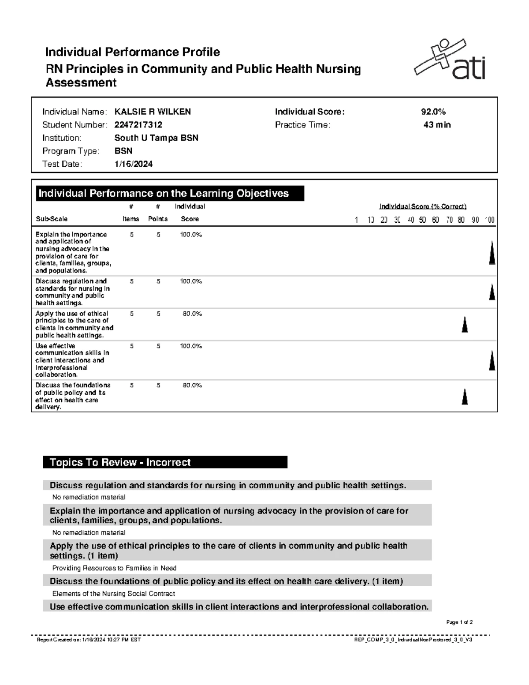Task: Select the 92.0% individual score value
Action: [433, 112]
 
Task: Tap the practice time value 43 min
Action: [437, 125]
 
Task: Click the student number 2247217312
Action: [138, 125]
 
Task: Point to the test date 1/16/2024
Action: [133, 165]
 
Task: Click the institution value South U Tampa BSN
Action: [156, 138]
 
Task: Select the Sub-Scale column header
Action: [52, 219]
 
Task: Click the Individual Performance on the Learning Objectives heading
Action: [164, 194]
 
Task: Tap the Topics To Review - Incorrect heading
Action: [120, 462]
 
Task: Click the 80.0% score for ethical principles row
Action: [192, 314]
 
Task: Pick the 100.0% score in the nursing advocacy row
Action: [190, 235]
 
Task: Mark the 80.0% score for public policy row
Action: [192, 386]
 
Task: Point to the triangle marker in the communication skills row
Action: [492, 360]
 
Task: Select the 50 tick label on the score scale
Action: [422, 220]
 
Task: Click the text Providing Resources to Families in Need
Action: [114, 568]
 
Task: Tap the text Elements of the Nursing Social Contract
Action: [114, 594]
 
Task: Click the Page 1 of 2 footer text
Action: [459, 622]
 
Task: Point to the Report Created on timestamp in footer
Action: [89, 640]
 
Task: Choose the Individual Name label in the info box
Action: [74, 112]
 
